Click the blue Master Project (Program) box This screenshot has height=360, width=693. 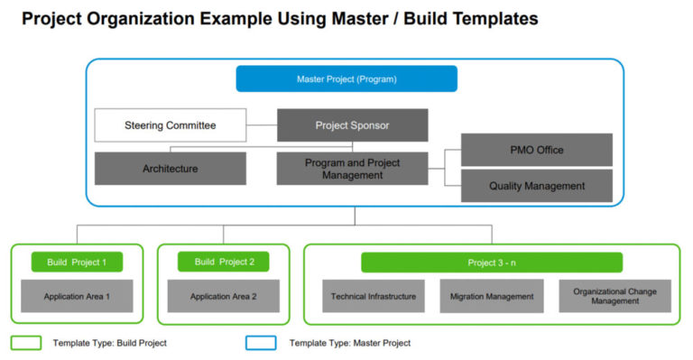point(346,78)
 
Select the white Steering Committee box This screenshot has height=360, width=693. point(170,125)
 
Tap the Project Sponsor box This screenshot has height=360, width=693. point(352,125)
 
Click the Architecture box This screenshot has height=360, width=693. point(170,169)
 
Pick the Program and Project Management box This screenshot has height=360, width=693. point(352,169)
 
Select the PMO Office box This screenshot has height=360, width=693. point(537,150)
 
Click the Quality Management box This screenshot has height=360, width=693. point(537,186)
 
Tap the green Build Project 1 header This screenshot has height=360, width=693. point(77,263)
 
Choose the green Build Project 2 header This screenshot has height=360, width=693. point(224,263)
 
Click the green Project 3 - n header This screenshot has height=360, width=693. point(492,263)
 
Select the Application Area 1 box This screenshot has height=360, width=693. point(77,296)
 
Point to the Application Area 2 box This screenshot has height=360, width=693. point(224,296)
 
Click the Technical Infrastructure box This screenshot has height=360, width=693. point(374,296)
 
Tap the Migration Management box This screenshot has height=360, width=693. point(492,296)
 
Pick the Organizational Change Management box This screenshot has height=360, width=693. point(614,296)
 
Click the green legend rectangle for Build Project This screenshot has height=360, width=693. point(26,343)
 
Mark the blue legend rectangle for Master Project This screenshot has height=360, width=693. point(260,343)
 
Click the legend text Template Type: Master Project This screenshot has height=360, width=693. point(349,343)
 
